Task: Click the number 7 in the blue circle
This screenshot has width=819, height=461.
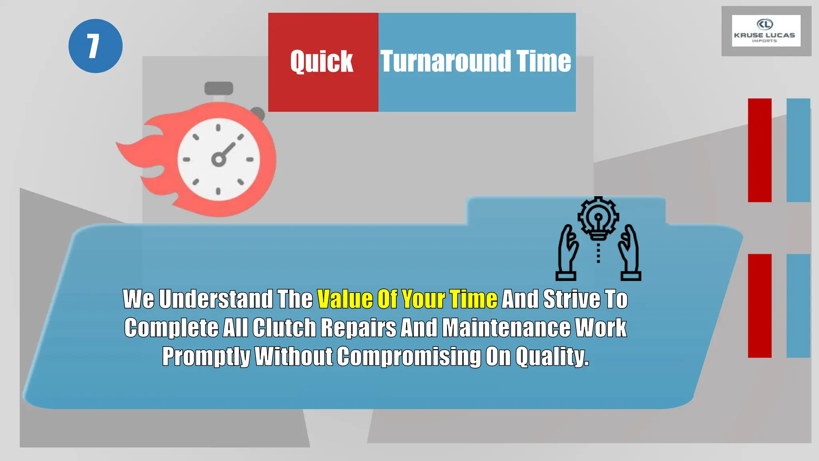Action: (x=94, y=46)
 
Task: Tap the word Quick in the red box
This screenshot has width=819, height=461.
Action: (x=322, y=62)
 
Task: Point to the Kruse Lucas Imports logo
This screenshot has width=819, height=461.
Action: (x=765, y=31)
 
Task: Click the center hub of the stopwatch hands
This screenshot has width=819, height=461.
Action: (x=218, y=160)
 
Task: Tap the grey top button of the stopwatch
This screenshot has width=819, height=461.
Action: (x=218, y=88)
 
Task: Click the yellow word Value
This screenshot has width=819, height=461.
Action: (x=345, y=299)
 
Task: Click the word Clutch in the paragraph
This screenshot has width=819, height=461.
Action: (x=284, y=328)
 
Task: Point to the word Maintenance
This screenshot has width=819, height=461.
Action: (x=506, y=328)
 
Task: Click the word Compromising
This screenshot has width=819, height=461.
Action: (x=409, y=356)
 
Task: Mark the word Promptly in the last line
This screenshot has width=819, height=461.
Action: (x=206, y=356)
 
